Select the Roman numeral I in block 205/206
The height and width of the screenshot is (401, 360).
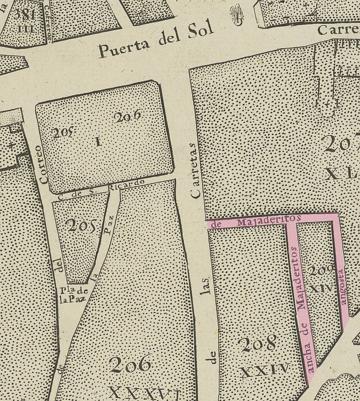[x=98, y=142]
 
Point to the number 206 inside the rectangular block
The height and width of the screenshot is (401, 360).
[x=127, y=117]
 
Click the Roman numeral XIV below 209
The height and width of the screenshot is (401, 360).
[x=321, y=288]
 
